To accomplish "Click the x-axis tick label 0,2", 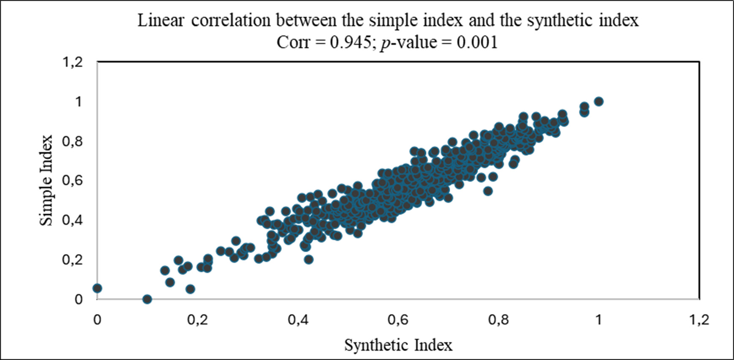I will [197, 320].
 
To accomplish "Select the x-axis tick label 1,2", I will [699, 320].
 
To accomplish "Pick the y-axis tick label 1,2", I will [72, 62].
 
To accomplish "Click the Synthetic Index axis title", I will [398, 345].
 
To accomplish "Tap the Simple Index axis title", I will [46, 180].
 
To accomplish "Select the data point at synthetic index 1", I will [598, 101].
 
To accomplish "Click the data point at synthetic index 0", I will [97, 288].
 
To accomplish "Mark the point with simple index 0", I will [147, 299].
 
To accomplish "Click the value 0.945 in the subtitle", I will [350, 42].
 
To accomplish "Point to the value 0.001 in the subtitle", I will [477, 42].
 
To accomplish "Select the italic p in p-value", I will [384, 43].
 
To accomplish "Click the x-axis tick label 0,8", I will [498, 320].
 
